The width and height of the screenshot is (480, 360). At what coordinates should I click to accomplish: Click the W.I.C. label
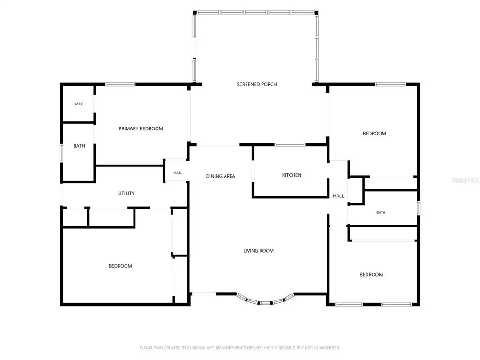pyautogui.click(x=79, y=104)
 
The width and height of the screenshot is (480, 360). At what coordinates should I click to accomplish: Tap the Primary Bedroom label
pyautogui.click(x=141, y=128)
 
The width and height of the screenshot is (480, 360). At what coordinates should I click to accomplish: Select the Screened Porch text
pyautogui.click(x=256, y=84)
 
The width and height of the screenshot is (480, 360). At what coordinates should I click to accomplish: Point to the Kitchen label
pyautogui.click(x=292, y=175)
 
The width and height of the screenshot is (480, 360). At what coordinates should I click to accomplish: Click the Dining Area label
pyautogui.click(x=220, y=176)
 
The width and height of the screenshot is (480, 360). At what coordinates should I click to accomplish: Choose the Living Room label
pyautogui.click(x=258, y=251)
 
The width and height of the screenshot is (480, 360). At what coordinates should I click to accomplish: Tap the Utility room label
pyautogui.click(x=126, y=193)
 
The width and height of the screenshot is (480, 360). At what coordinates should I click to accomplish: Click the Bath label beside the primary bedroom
pyautogui.click(x=79, y=146)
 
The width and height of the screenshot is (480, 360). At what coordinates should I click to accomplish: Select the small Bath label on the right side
pyautogui.click(x=381, y=212)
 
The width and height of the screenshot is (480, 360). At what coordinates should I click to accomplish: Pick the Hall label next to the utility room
pyautogui.click(x=178, y=173)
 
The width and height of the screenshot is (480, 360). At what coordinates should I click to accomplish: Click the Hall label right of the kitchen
pyautogui.click(x=338, y=196)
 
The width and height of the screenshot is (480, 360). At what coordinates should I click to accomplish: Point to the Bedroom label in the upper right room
pyautogui.click(x=374, y=134)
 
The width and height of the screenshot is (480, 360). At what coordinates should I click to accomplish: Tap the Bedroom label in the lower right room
pyautogui.click(x=371, y=275)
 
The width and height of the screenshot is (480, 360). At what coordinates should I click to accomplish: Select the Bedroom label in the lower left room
pyautogui.click(x=120, y=266)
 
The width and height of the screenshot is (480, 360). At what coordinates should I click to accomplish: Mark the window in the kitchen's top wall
pyautogui.click(x=290, y=144)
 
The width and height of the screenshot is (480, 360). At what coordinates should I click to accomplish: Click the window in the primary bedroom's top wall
pyautogui.click(x=120, y=84)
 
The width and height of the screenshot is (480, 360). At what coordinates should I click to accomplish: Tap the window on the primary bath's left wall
pyautogui.click(x=61, y=153)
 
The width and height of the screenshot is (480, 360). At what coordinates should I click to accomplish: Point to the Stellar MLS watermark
pyautogui.click(x=465, y=180)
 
